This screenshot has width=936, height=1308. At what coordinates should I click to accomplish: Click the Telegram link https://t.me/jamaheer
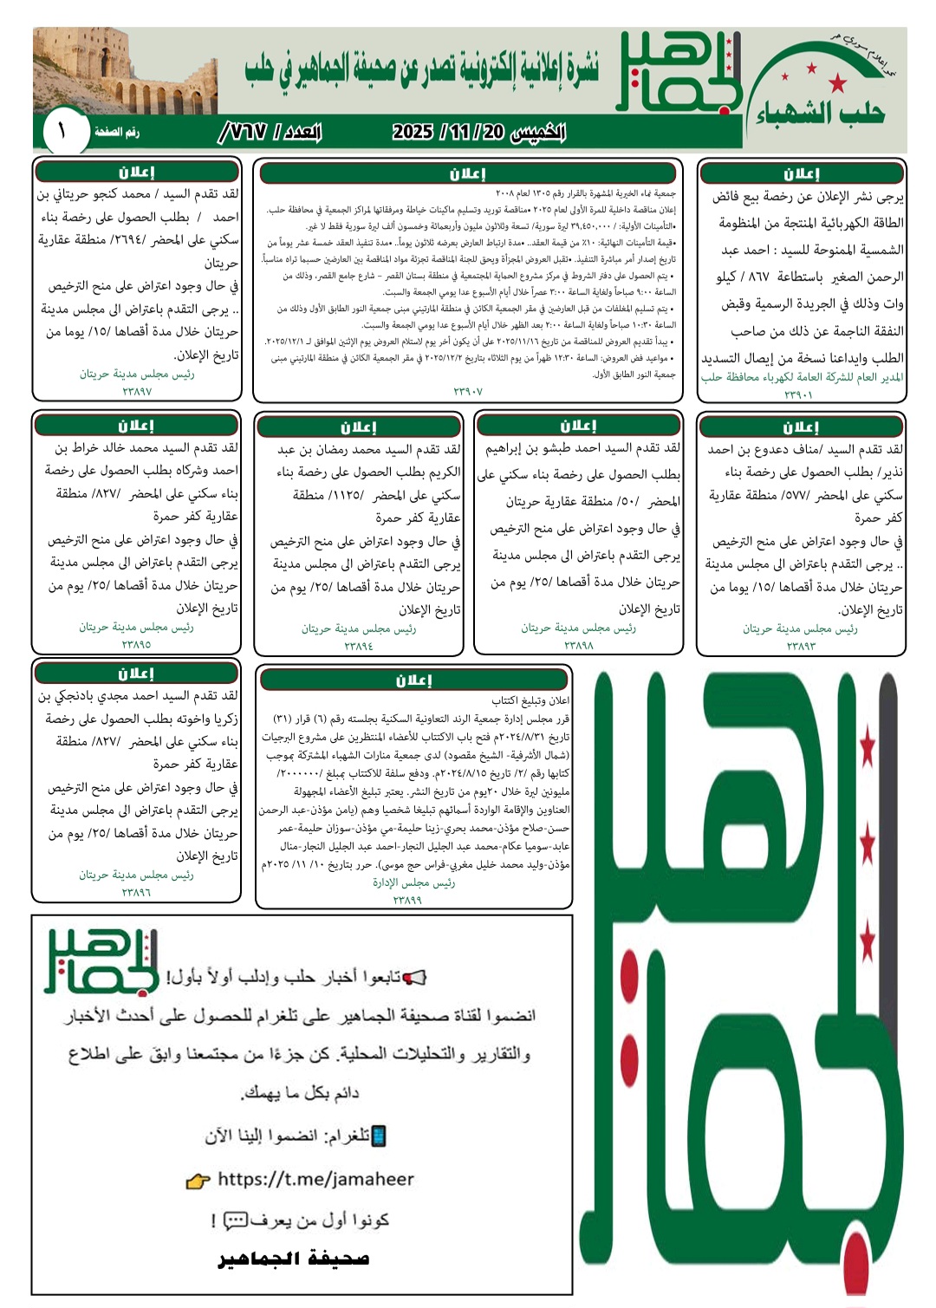315,1179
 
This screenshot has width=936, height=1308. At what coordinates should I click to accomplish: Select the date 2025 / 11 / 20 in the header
478,132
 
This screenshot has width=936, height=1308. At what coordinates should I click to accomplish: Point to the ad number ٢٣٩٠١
798,394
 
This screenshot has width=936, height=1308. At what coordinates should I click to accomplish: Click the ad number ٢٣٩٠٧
468,392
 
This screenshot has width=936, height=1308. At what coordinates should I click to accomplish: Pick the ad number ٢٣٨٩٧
137,392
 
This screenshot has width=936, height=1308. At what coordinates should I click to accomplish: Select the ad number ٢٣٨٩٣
801,646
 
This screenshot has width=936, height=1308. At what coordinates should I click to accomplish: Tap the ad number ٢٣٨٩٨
578,645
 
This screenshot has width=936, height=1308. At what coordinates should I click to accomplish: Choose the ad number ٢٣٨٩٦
136,892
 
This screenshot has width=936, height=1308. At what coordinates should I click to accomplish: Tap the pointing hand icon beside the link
198,1181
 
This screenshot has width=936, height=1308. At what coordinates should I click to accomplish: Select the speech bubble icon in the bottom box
235,1221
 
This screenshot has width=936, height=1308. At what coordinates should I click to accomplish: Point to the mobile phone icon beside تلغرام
378,1136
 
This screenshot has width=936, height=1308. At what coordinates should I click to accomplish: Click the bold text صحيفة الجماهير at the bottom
294,1259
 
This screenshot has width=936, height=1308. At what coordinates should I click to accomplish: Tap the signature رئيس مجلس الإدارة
413,882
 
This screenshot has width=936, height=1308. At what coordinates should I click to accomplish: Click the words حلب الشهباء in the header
820,113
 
